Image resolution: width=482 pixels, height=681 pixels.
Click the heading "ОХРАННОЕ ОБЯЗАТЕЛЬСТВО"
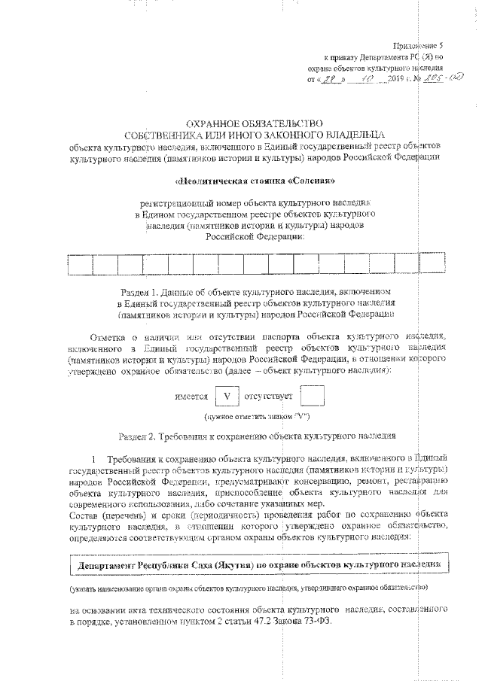(x=255, y=122)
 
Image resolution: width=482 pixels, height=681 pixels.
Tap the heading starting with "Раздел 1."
(x=255, y=290)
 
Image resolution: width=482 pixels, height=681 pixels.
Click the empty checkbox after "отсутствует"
(x=312, y=395)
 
